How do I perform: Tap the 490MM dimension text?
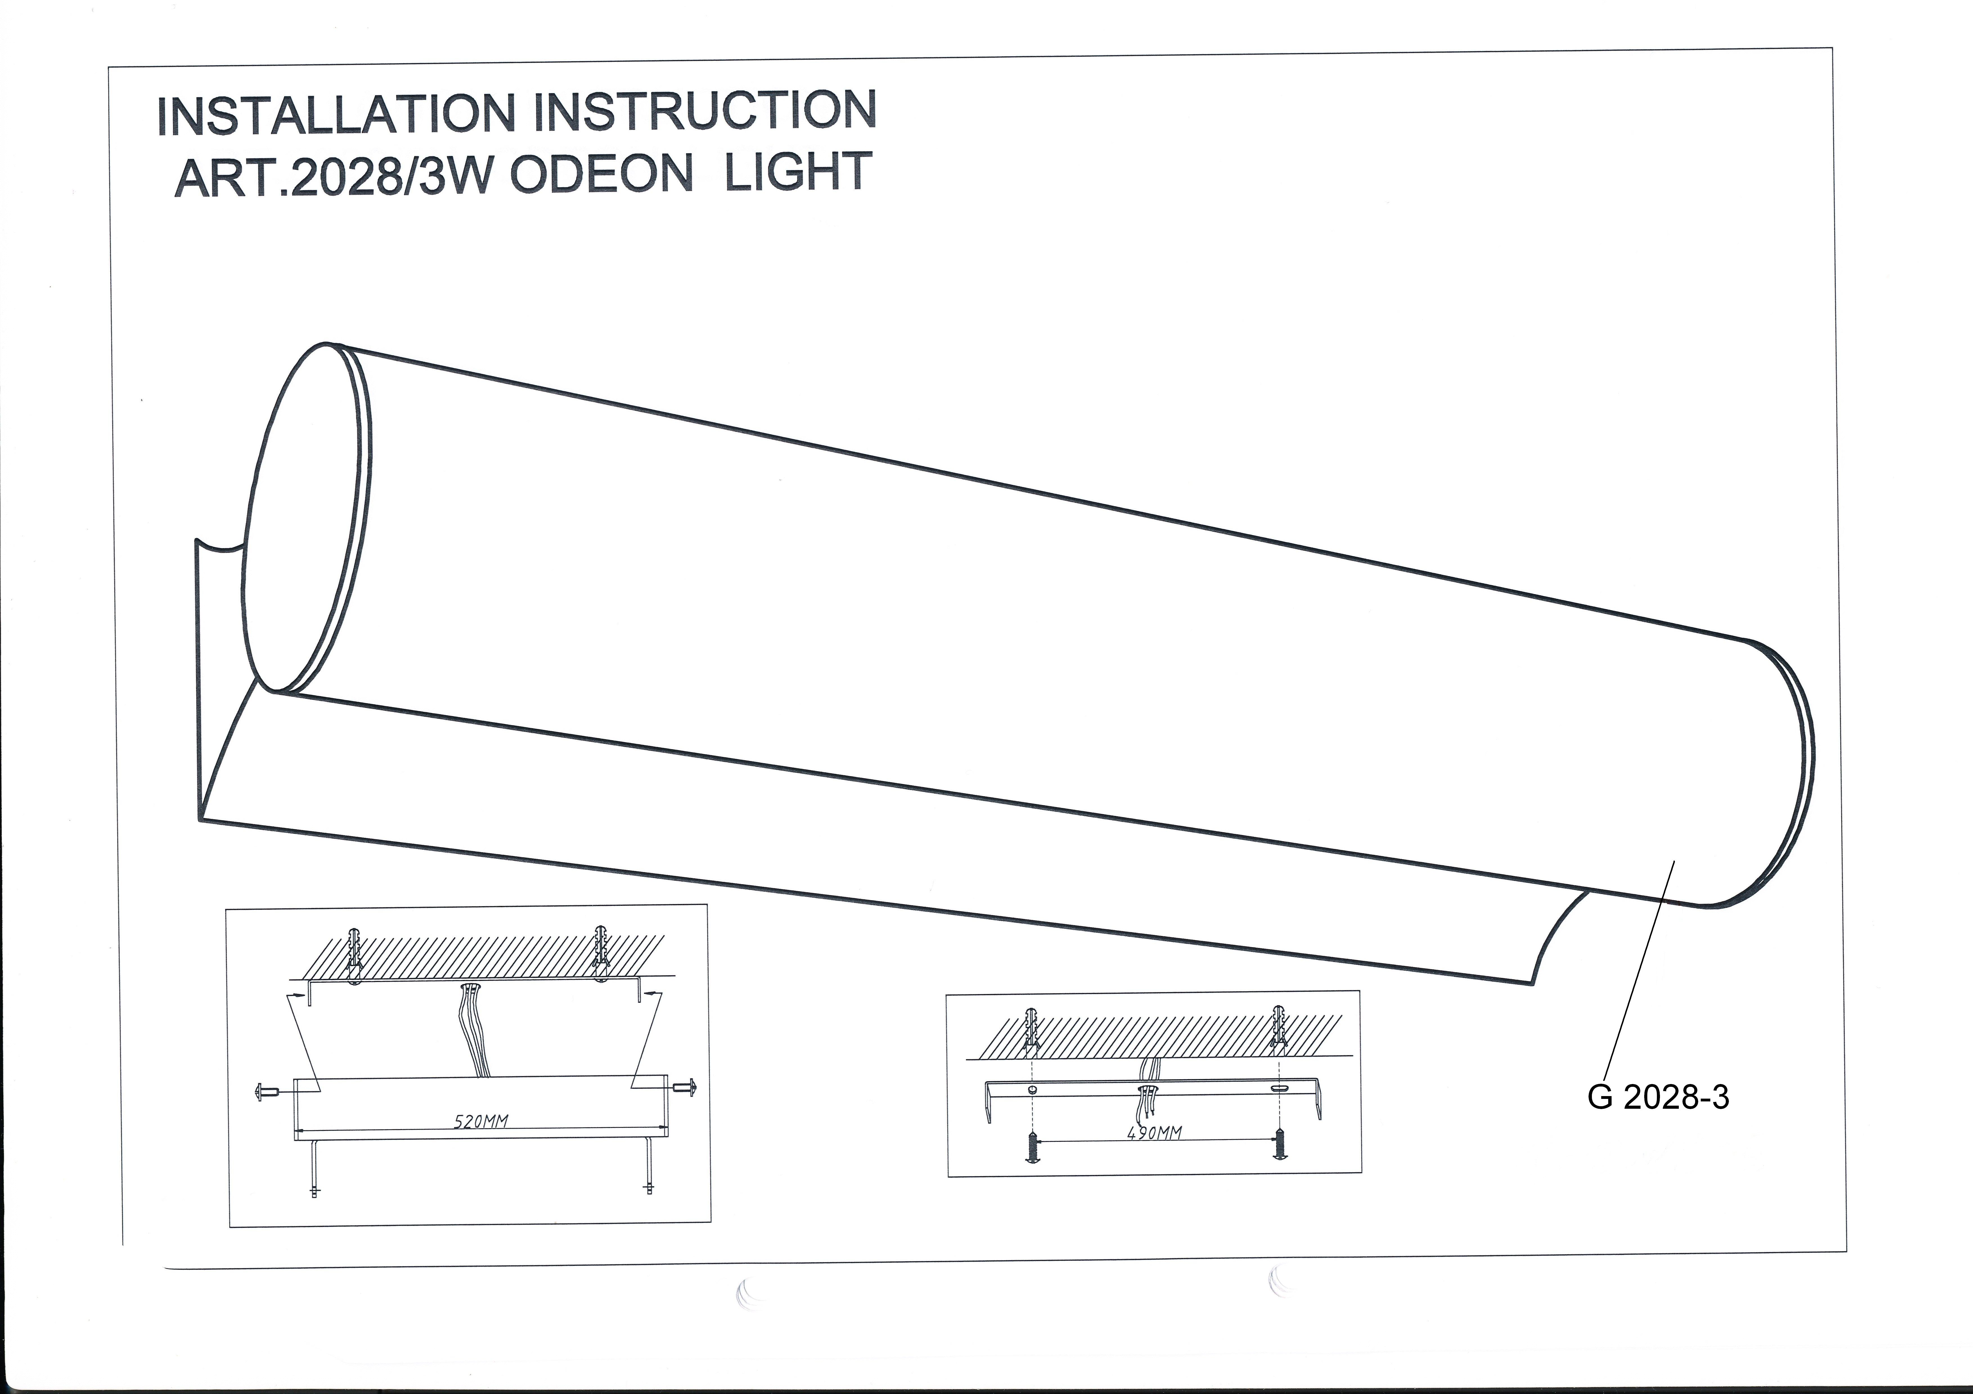[x=1154, y=1132]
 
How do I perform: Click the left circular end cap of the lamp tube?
[x=308, y=518]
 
